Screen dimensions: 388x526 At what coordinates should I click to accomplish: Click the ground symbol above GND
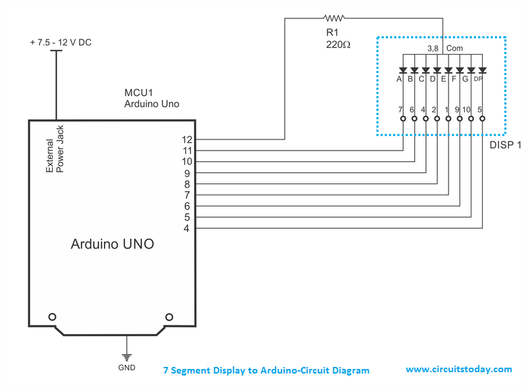pos(127,346)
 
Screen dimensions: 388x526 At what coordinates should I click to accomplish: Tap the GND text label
pos(127,367)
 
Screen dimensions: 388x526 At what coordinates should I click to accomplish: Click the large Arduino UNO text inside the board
pos(112,245)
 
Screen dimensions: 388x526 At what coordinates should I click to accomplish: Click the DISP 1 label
pos(505,145)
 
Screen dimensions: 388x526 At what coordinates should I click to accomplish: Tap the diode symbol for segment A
pos(402,70)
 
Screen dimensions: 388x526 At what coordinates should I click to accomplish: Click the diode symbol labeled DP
pos(482,70)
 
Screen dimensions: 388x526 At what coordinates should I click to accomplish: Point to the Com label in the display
pos(454,49)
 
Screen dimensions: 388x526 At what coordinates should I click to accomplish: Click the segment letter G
pos(466,80)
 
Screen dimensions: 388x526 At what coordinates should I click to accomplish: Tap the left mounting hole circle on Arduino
pos(51,316)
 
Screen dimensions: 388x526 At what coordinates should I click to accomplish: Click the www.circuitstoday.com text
pos(458,370)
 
